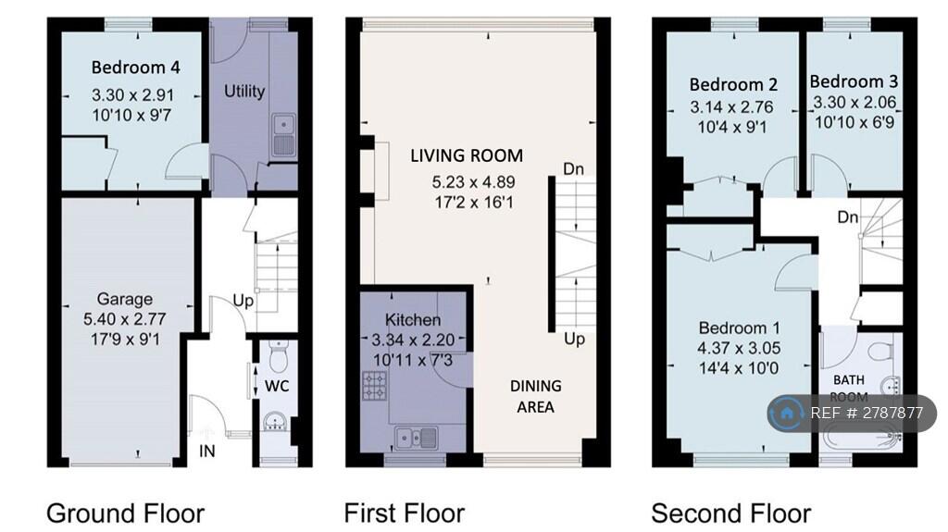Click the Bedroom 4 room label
pyautogui.click(x=135, y=68)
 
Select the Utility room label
pyautogui.click(x=244, y=91)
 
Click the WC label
pyautogui.click(x=279, y=386)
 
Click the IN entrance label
pyautogui.click(x=208, y=451)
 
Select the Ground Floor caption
pyautogui.click(x=125, y=513)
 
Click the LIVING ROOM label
pyautogui.click(x=467, y=155)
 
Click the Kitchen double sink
pyautogui.click(x=414, y=437)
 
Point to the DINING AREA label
pyautogui.click(x=535, y=396)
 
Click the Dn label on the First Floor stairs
pyautogui.click(x=573, y=169)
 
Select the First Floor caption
pyautogui.click(x=405, y=513)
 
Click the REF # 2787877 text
pyautogui.click(x=867, y=414)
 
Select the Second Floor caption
pyautogui.click(x=730, y=513)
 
